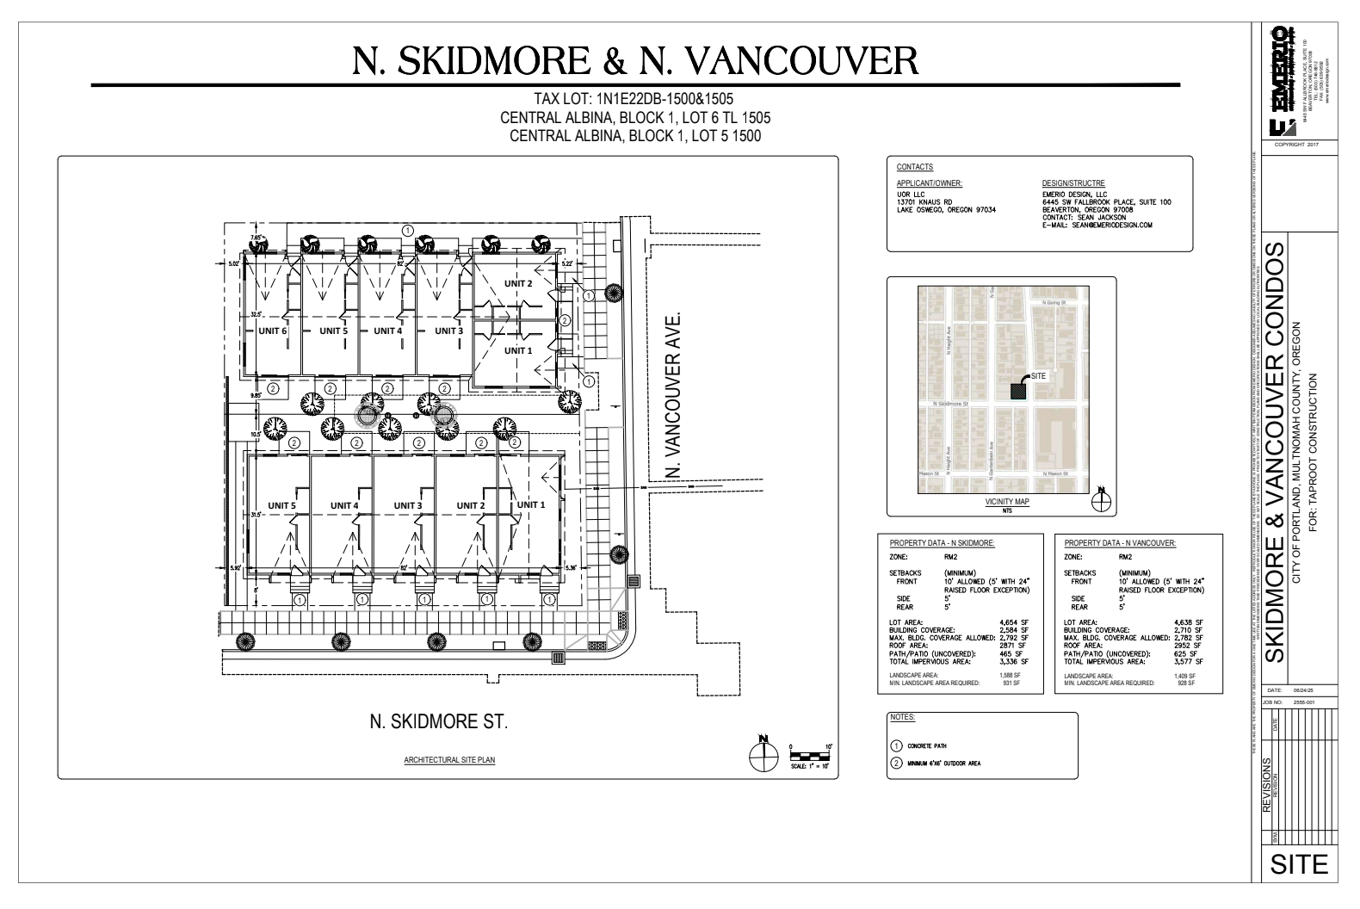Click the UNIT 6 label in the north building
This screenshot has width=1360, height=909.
(272, 331)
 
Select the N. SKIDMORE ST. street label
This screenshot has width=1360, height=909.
(438, 720)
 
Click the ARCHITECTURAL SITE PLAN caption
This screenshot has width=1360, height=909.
(450, 761)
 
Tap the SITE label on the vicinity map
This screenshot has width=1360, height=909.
(1038, 376)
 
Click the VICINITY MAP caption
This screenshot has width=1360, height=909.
(1008, 502)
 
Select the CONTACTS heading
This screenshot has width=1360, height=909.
(914, 167)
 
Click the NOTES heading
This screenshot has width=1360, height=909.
(902, 717)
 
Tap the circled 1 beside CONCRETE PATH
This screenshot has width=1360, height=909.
(897, 746)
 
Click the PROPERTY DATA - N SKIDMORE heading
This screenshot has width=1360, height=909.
(942, 543)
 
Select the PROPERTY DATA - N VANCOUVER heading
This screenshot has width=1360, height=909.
(1120, 543)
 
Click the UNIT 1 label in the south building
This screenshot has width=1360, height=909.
(530, 505)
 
